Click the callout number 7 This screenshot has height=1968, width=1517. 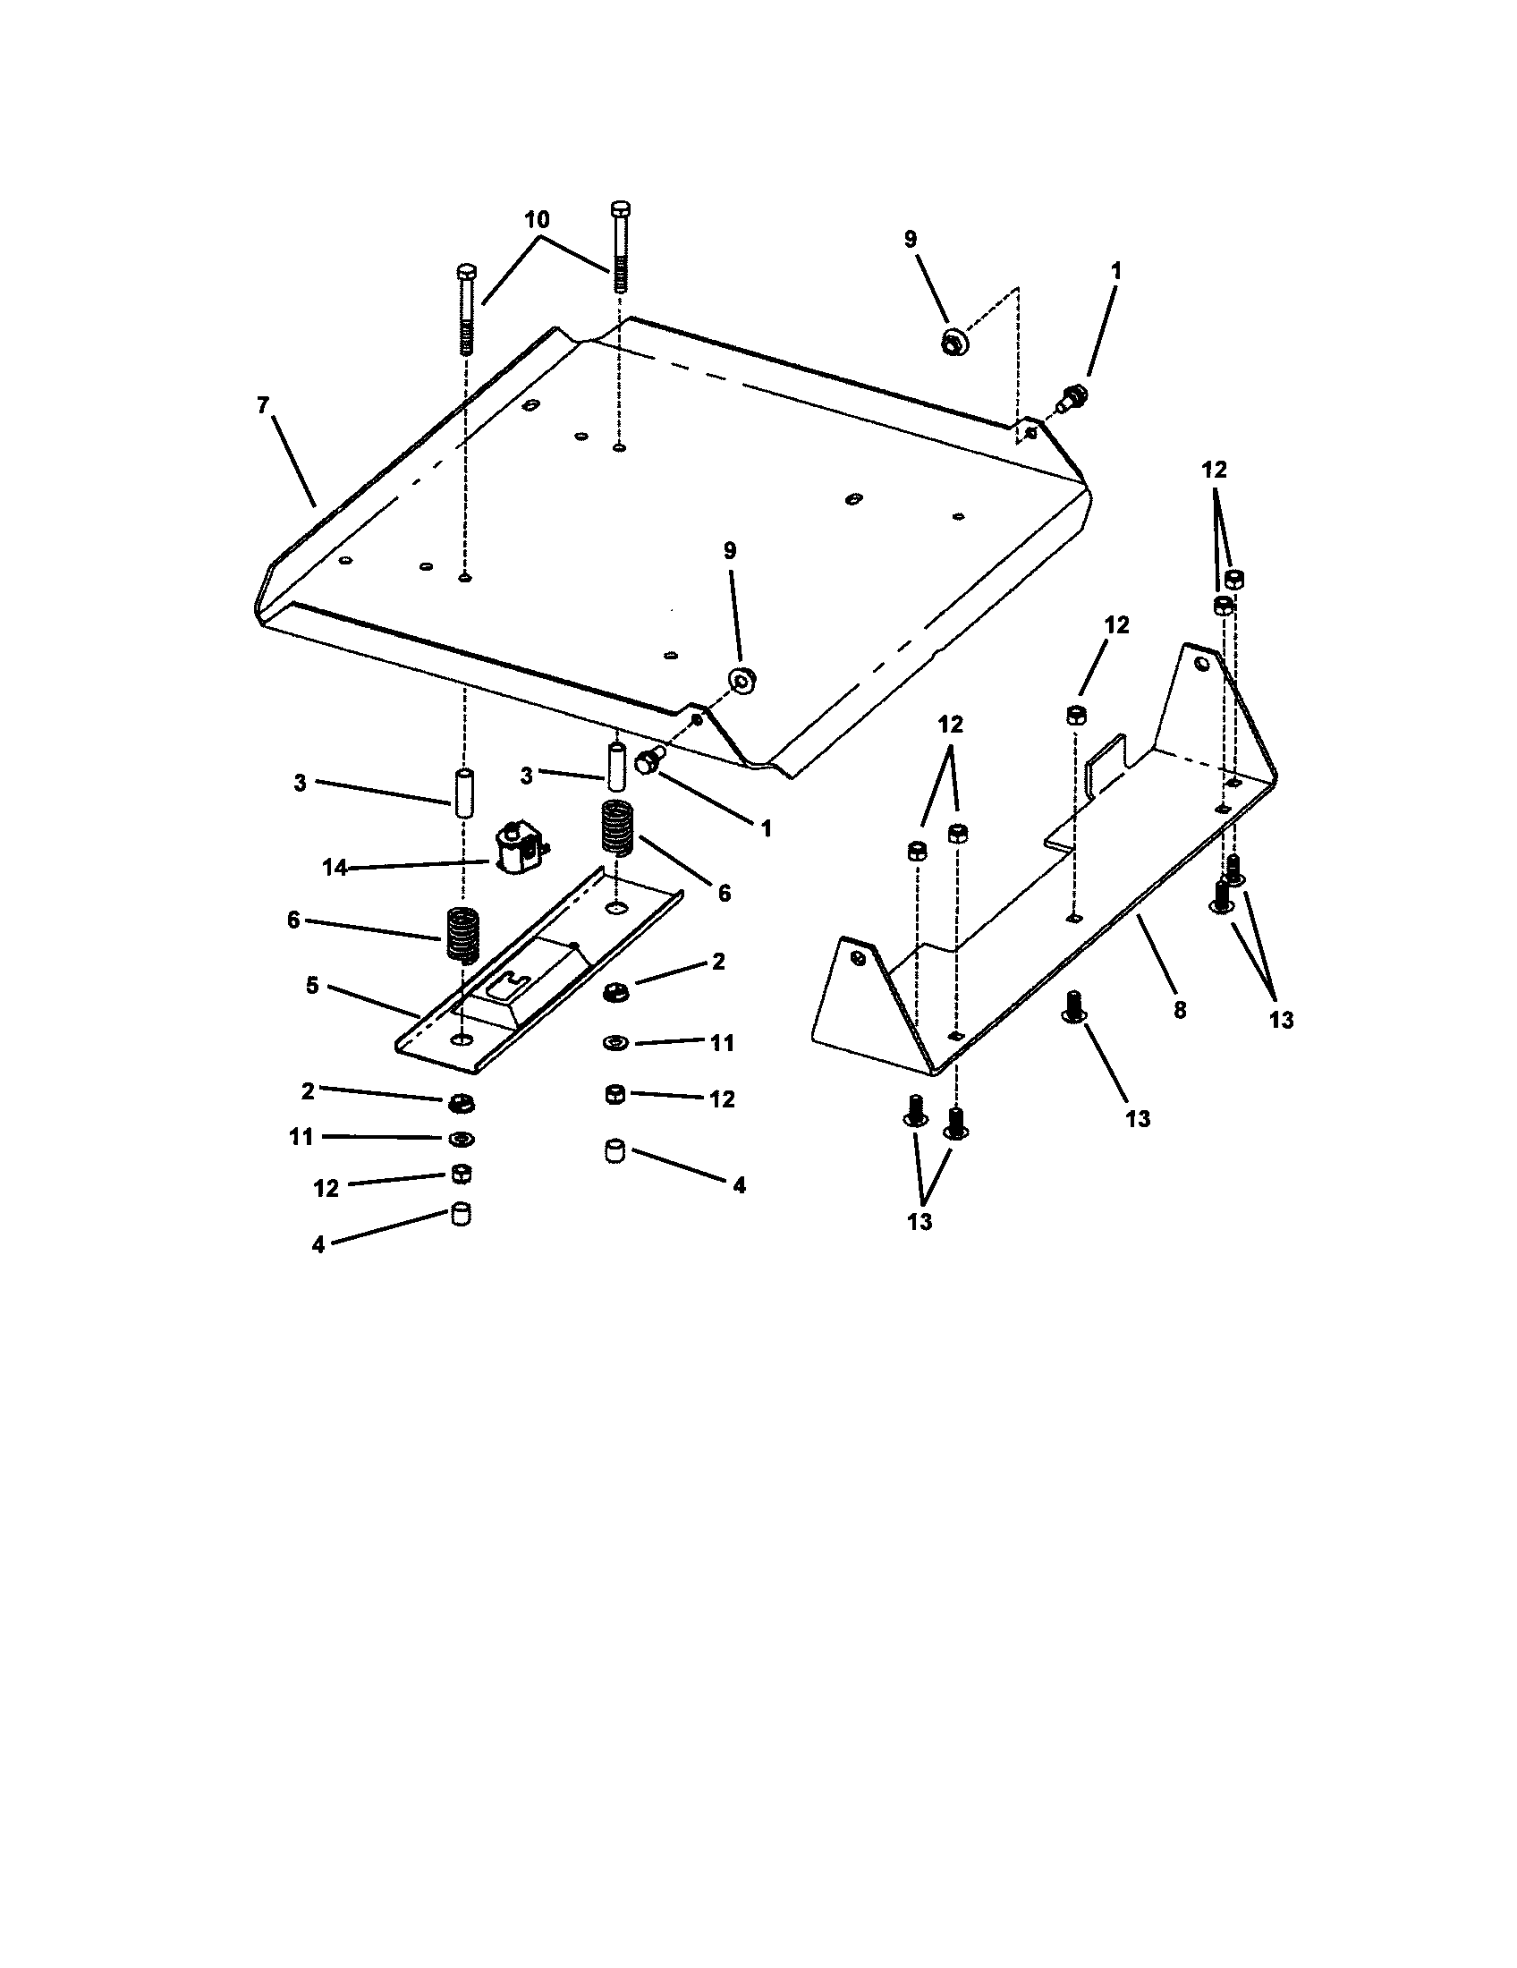[x=262, y=405]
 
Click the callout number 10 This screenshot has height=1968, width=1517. [x=538, y=220]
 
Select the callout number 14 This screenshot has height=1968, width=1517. [x=335, y=868]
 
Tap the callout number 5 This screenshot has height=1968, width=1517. [x=311, y=985]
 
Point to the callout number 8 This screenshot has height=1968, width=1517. [x=1180, y=1010]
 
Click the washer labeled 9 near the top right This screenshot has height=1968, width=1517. [x=953, y=342]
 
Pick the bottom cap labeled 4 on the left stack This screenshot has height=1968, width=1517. [x=462, y=1214]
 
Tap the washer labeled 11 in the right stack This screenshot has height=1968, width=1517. [x=615, y=1042]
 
